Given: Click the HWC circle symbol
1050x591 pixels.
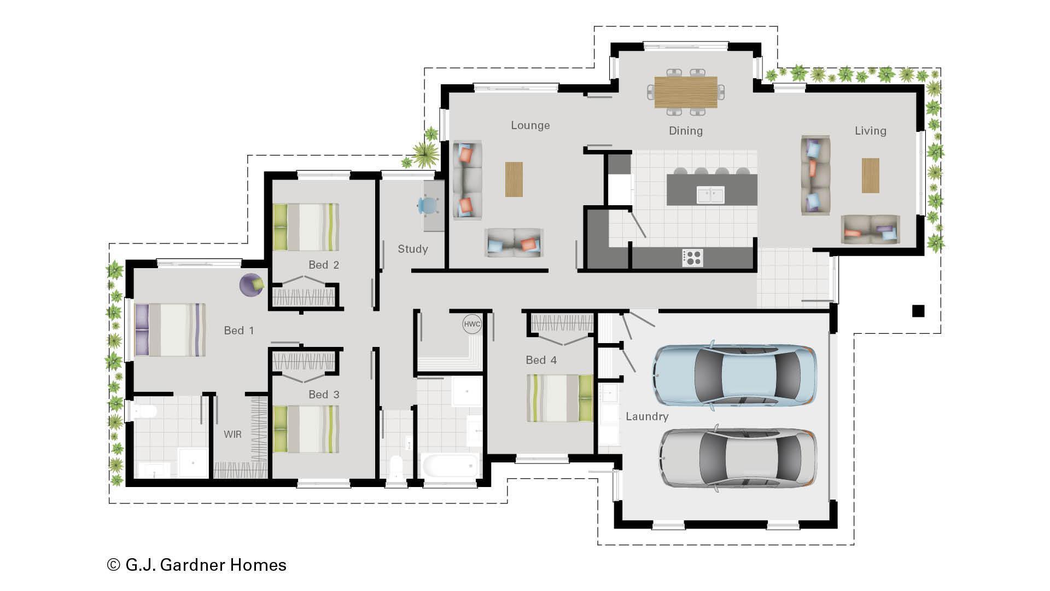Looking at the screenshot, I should (472, 324).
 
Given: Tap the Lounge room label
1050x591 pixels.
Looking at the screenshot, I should (530, 125).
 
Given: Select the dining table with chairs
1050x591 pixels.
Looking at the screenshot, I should (686, 92).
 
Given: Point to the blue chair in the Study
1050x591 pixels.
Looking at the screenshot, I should (428, 205).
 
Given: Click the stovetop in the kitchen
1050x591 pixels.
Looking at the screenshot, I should (693, 257).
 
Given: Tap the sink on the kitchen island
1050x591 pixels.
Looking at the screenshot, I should (710, 194).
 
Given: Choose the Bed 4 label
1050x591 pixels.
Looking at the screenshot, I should (541, 360).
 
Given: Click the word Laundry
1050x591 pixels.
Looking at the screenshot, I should (647, 416).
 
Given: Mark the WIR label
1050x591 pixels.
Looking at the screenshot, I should (232, 434).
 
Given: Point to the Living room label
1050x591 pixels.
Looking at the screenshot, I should (870, 131).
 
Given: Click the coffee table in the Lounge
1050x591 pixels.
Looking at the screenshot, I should (514, 179).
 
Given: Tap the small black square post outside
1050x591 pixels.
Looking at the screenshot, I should (918, 311).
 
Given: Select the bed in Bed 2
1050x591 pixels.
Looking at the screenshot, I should (306, 227).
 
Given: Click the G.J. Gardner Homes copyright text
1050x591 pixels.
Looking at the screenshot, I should (197, 565).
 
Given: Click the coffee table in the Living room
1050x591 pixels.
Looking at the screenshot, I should (870, 175).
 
